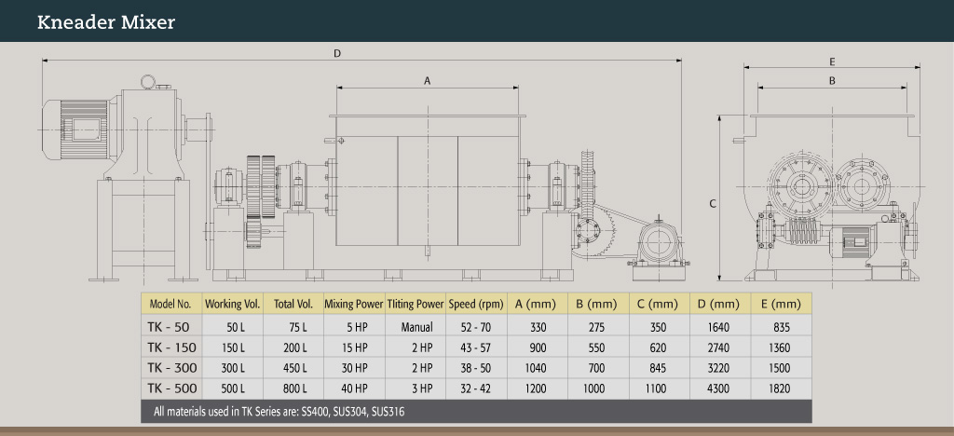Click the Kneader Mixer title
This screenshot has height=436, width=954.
click(x=106, y=22)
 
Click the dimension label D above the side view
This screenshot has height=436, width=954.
click(x=337, y=53)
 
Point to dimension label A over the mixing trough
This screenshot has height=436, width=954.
click(x=427, y=81)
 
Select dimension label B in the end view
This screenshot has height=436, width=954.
click(x=832, y=81)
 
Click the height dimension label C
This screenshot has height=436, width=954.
click(x=713, y=202)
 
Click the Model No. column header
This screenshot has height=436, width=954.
click(x=170, y=304)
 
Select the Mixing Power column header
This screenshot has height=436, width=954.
click(x=353, y=304)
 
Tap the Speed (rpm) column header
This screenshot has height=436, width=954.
click(x=476, y=304)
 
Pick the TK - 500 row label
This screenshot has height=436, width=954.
click(x=170, y=388)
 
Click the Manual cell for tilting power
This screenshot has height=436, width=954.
click(x=415, y=327)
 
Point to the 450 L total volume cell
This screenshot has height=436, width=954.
click(x=291, y=367)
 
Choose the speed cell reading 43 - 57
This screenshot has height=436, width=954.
click(x=476, y=347)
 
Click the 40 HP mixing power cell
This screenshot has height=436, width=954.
click(x=353, y=388)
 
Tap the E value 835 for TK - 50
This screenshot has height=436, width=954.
click(x=781, y=327)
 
